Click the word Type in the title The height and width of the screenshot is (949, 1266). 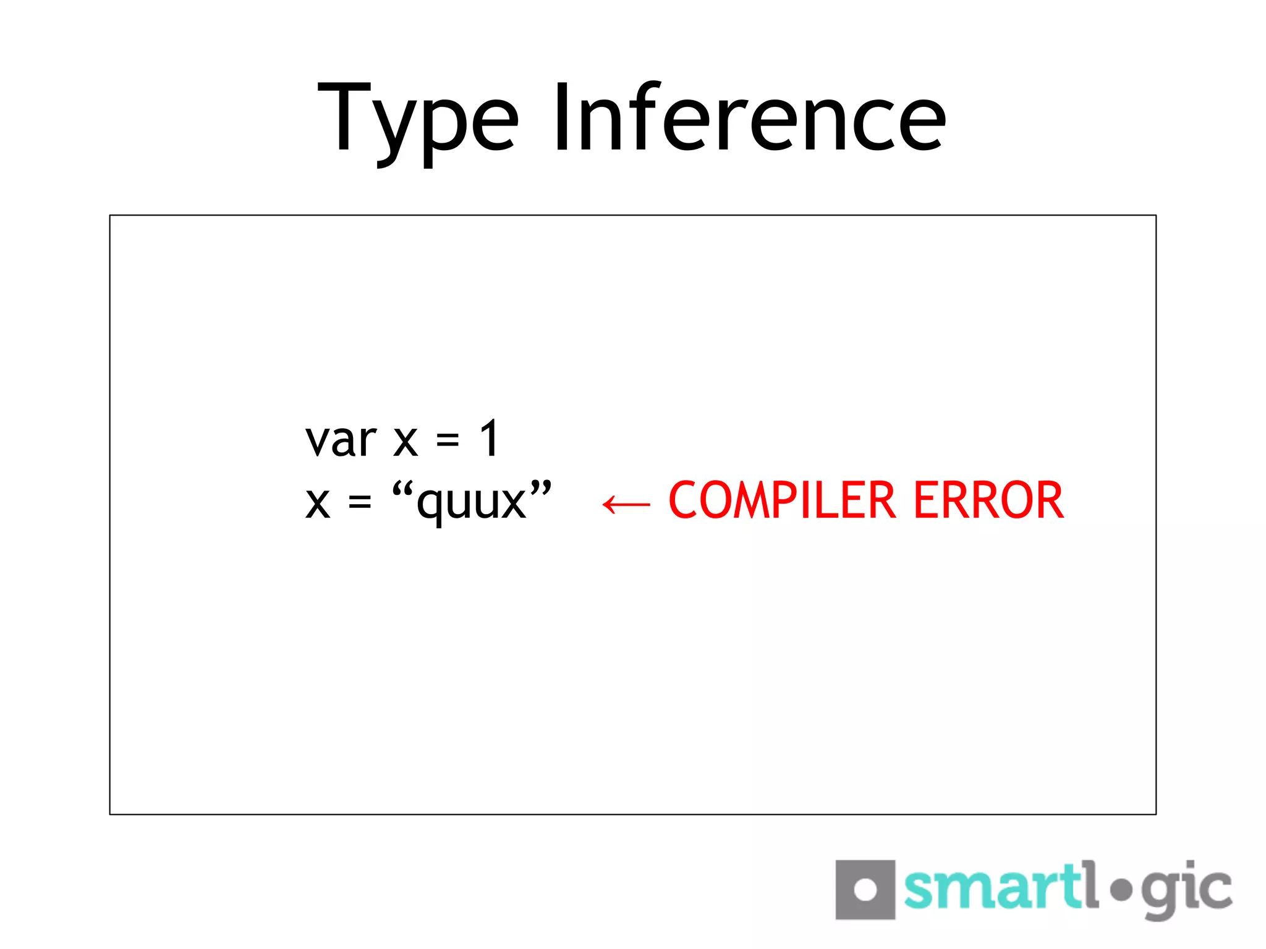(x=418, y=120)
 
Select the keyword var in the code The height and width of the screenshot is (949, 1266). (x=341, y=440)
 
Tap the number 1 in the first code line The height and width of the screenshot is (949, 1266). (x=490, y=439)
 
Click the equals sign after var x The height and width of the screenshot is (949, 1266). (x=448, y=441)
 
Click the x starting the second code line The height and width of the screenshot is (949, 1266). (x=318, y=503)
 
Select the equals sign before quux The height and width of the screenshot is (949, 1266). (x=360, y=503)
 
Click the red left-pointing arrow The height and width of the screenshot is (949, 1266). (x=626, y=504)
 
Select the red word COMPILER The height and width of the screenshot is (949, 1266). (x=782, y=500)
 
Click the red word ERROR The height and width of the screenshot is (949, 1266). (x=988, y=500)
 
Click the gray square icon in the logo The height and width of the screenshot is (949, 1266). (x=865, y=890)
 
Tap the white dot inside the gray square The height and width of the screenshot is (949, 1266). (x=865, y=890)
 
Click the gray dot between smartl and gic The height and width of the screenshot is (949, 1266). (x=1121, y=890)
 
